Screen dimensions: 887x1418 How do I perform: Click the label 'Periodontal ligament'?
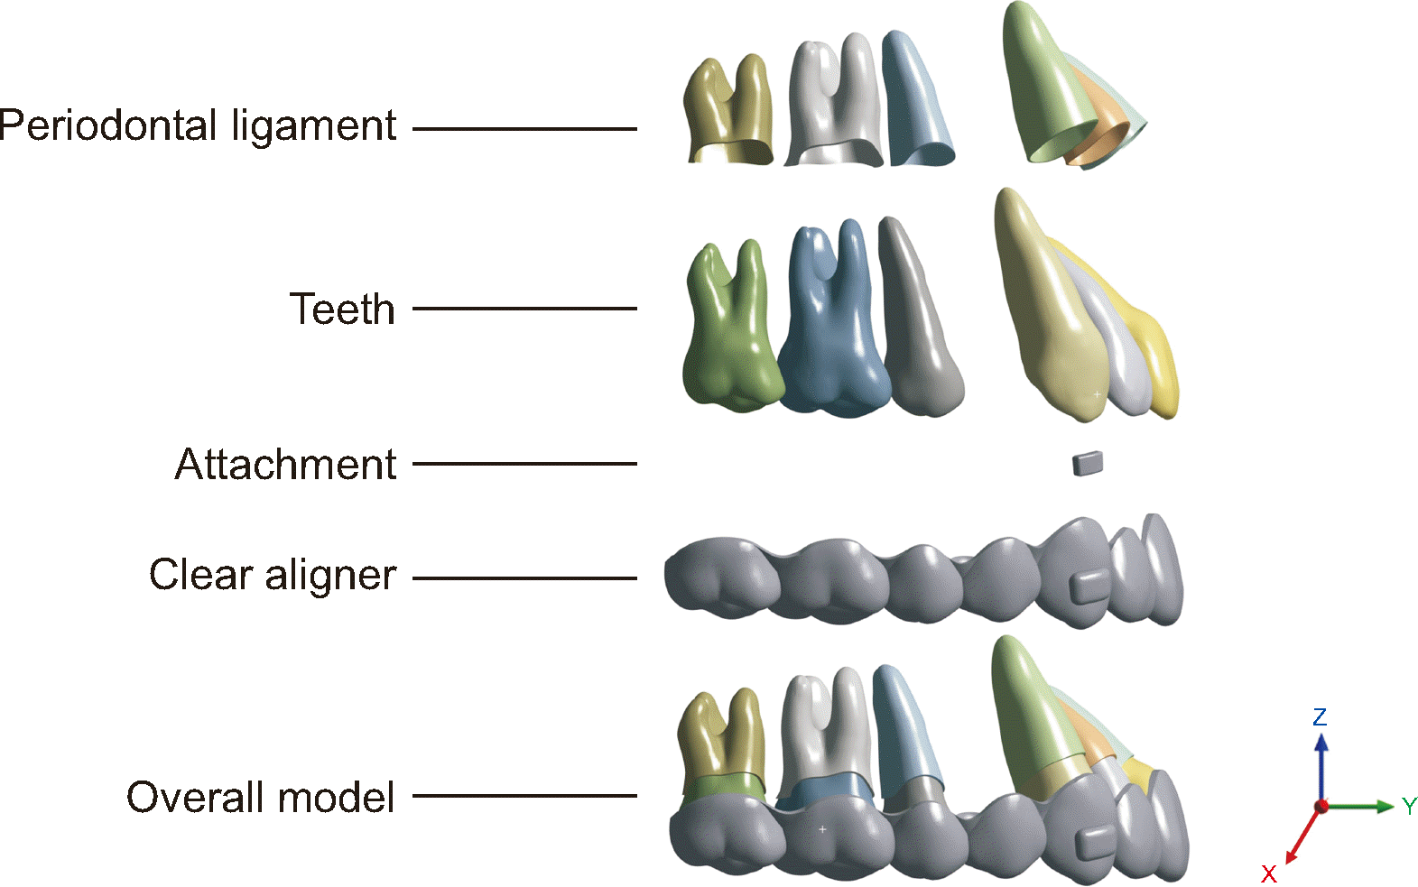[198, 126]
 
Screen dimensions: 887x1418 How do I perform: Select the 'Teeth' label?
[342, 309]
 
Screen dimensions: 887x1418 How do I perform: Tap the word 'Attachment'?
[285, 465]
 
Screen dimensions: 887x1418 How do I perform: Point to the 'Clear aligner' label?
[273, 575]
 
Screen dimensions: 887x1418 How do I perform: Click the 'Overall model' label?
[260, 798]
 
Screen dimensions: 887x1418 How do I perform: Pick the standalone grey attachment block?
[1087, 464]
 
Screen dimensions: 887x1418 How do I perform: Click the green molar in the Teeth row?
[730, 334]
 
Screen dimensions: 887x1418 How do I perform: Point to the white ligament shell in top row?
[833, 104]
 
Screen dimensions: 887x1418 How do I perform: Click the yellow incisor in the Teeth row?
[1159, 361]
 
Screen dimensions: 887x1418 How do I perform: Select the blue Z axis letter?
[1320, 717]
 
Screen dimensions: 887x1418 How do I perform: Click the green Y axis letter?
[1409, 806]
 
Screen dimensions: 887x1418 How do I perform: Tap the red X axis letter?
[1269, 873]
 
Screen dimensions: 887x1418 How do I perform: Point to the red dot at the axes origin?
[1321, 806]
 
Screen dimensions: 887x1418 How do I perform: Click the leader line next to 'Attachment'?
[524, 464]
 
